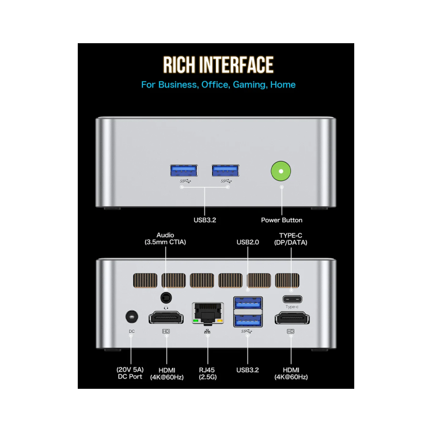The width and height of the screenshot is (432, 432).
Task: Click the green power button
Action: [x=281, y=171]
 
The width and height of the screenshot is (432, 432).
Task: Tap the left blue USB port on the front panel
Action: [x=184, y=170]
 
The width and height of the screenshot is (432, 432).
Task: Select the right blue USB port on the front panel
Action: [x=226, y=170]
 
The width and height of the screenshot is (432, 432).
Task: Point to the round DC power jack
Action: [x=132, y=316]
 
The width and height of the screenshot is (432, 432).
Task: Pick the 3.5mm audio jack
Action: [x=166, y=298]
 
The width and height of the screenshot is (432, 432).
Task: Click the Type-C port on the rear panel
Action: [x=291, y=299]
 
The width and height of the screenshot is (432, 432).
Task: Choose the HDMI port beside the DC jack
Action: [x=166, y=317]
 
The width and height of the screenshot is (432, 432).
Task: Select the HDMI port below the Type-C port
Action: [x=291, y=317]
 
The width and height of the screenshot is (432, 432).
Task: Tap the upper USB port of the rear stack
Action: [x=248, y=302]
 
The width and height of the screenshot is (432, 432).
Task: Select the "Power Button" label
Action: [x=282, y=220]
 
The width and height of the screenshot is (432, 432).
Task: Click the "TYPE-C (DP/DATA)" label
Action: [x=291, y=239]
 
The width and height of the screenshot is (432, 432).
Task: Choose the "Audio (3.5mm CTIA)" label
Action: [x=165, y=238]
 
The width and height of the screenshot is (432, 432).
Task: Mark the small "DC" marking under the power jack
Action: [x=131, y=331]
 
